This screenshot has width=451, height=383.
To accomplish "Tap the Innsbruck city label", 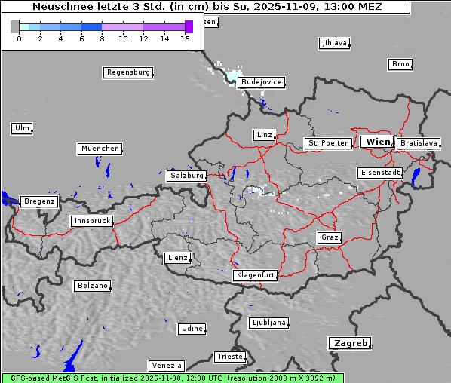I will tap(91, 222).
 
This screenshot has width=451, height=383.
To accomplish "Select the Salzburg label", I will tap(186, 176).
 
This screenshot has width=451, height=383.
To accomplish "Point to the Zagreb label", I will tap(349, 343).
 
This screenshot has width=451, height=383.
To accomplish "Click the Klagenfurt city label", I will tap(255, 276).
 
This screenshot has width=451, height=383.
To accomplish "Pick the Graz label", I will tap(329, 238).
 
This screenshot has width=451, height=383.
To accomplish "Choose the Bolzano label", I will tap(92, 286).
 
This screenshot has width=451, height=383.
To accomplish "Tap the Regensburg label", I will tap(127, 73).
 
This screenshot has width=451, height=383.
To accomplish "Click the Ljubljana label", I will tap(268, 323).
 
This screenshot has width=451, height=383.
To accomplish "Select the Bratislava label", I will tap(418, 143).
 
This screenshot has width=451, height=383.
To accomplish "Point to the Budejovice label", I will tap(260, 82).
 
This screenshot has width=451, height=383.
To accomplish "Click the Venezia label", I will tap(165, 366).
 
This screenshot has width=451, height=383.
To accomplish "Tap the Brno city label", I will tap(400, 64).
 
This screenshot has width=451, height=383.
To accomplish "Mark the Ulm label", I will tap(22, 128).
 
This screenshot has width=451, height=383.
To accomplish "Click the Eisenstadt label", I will tap(379, 173).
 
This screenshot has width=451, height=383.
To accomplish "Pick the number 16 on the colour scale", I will tap(185, 38).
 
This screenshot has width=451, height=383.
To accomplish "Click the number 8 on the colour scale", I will tap(102, 38).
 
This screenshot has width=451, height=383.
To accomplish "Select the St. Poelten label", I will tap(327, 143).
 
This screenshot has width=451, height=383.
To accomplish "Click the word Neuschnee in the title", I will tap(58, 7).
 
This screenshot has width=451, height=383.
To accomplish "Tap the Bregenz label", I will tap(39, 202).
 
